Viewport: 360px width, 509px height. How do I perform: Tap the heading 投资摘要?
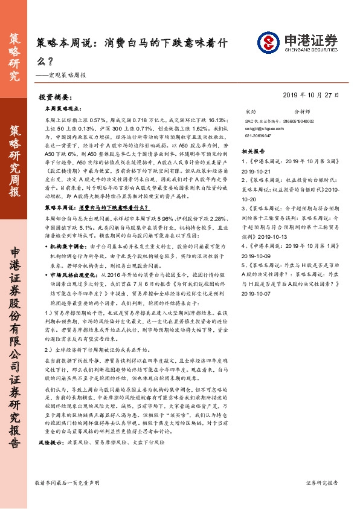(56, 97)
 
